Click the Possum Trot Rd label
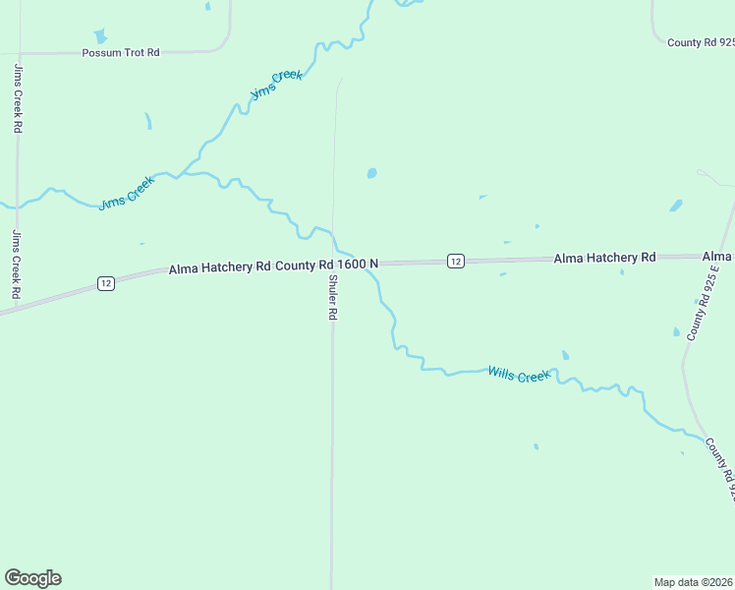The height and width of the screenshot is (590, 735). (x=121, y=52)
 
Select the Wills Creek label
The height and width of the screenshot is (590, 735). (x=519, y=375)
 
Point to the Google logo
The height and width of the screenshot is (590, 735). (x=32, y=578)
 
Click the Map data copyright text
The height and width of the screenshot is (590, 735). (x=693, y=581)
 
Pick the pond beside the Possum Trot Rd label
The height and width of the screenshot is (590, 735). (x=100, y=36)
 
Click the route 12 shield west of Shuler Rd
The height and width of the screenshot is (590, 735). (x=106, y=283)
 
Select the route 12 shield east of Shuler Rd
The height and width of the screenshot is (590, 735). (x=456, y=261)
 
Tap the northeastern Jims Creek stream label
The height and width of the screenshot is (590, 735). (x=276, y=85)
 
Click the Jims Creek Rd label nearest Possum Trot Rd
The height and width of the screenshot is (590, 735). (x=18, y=98)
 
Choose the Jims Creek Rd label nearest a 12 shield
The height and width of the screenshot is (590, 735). (x=17, y=264)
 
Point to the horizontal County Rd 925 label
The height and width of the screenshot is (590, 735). (x=700, y=42)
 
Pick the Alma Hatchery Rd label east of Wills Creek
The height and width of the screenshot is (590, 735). (x=604, y=258)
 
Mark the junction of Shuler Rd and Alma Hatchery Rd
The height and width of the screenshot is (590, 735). (x=333, y=264)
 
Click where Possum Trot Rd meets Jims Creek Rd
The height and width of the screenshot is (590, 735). (x=18, y=53)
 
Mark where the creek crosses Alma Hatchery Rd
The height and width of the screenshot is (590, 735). (x=369, y=263)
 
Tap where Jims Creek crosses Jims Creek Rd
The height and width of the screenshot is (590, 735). (x=17, y=207)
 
